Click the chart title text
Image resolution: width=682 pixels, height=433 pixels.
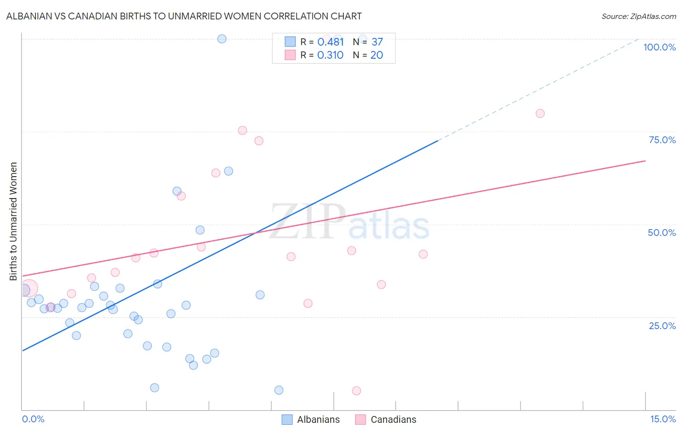click(184, 16)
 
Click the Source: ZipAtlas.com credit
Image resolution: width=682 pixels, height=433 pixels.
click(638, 16)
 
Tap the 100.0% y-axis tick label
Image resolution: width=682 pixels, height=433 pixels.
click(659, 47)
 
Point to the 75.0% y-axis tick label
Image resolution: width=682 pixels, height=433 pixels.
click(662, 140)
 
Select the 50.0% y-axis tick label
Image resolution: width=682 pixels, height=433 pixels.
click(662, 233)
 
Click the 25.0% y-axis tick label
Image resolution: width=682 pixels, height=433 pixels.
click(662, 326)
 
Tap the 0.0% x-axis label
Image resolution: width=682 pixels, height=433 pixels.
click(33, 419)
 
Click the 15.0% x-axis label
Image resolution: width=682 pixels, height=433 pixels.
click(663, 419)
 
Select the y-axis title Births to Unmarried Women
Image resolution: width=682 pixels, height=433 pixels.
click(13, 221)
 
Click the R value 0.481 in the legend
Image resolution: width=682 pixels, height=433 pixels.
click(330, 42)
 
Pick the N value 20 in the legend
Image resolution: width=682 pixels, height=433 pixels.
click(376, 55)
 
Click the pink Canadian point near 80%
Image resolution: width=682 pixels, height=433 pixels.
click(540, 114)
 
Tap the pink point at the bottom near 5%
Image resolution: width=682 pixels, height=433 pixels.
click(357, 391)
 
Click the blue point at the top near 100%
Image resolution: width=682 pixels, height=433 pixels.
click(222, 39)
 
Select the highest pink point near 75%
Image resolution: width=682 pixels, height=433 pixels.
click(243, 131)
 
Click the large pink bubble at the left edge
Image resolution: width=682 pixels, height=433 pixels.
click(28, 288)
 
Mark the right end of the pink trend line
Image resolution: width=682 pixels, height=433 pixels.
click(645, 161)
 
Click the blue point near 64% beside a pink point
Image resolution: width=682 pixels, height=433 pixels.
click(228, 171)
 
